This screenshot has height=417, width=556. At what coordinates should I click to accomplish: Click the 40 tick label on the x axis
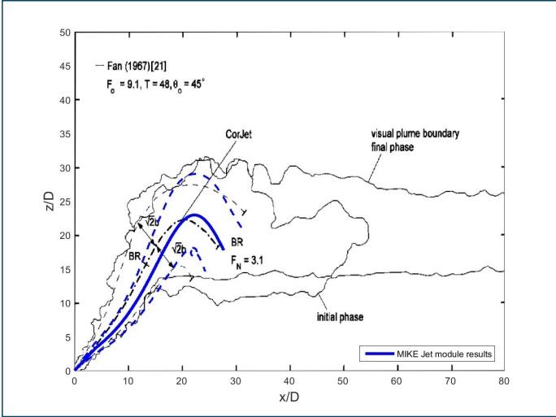click(289, 380)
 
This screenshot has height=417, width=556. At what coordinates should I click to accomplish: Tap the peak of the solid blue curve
click(194, 215)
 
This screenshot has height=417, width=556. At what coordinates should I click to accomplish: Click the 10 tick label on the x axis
click(128, 380)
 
